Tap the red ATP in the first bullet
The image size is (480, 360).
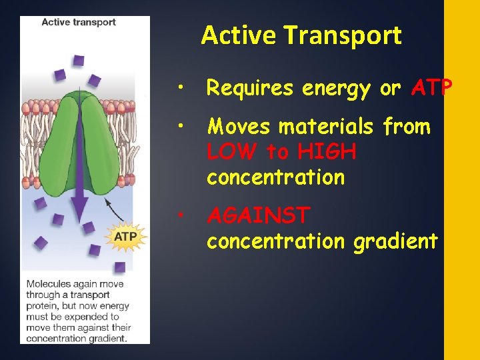click(x=432, y=88)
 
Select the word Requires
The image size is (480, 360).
click(x=250, y=88)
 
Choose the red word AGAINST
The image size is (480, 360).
click(x=259, y=215)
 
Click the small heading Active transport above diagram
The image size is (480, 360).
click(x=78, y=22)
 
